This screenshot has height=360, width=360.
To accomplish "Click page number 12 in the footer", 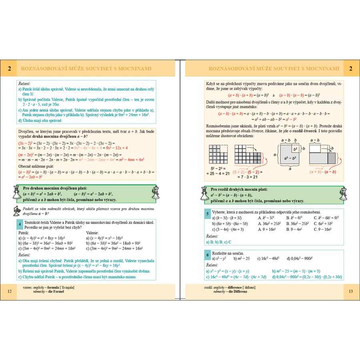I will coord(10,291).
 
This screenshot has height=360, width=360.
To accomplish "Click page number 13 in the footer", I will coord(350,291).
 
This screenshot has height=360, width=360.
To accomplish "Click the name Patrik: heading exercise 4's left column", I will coord(24,232).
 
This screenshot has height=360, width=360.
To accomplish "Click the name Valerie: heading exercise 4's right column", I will coord(92,232).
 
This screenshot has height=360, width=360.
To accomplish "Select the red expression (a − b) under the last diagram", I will coord(330,172).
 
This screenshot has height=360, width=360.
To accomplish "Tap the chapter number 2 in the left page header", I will coord(9,68).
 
